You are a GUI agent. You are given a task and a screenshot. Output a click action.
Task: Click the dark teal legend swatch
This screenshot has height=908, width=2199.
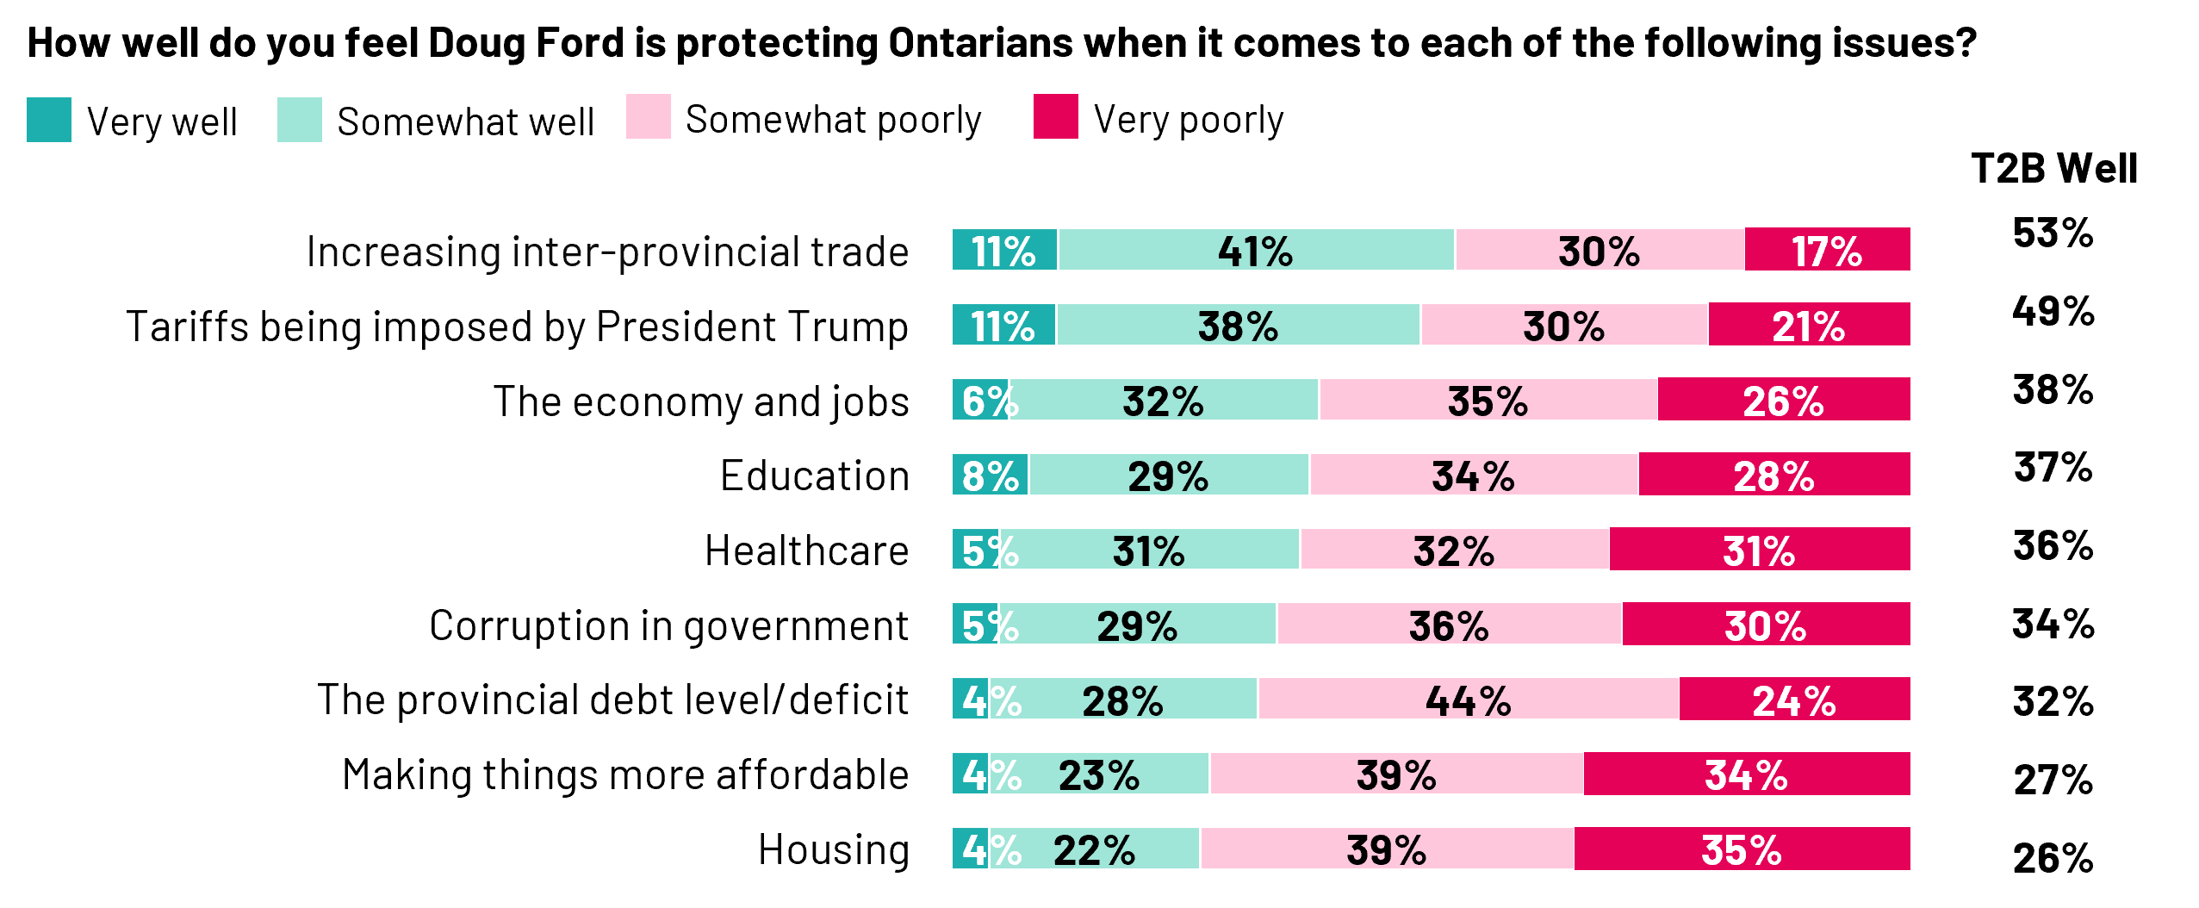coord(49,120)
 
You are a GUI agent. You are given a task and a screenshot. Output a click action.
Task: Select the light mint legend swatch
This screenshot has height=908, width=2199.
coord(300,120)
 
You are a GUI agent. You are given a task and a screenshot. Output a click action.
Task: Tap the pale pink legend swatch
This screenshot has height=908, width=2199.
coord(649,116)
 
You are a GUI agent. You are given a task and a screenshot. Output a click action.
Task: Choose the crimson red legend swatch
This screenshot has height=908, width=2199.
coord(1056,116)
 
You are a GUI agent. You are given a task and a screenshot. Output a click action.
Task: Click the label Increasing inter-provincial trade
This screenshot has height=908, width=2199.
coord(607,252)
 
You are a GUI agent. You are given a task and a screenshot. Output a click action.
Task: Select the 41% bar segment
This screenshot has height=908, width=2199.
coord(1256,250)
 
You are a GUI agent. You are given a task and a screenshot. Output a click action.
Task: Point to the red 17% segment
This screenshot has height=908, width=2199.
coord(1828,250)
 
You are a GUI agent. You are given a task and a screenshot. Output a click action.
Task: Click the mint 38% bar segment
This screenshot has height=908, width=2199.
coord(1238,325)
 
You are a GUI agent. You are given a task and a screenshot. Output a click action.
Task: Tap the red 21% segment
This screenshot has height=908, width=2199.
coord(1809,325)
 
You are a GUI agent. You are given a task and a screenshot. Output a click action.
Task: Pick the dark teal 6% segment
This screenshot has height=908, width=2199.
coord(979,400)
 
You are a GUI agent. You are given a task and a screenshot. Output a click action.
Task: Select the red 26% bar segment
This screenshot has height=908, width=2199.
coord(1784,400)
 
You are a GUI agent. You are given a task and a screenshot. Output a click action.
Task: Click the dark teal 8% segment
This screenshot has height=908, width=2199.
coord(990,475)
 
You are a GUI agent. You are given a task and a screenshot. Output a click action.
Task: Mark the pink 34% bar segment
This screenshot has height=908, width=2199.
coord(1474,475)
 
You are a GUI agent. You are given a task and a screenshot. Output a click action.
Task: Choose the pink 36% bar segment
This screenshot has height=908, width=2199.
coord(1450,625)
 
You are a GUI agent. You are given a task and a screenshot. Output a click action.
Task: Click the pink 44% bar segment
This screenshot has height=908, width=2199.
coord(1469,699)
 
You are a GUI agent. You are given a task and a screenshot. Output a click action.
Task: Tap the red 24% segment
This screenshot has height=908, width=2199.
coord(1794,699)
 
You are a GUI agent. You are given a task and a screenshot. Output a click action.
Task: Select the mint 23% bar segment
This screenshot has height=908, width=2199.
coord(1099,774)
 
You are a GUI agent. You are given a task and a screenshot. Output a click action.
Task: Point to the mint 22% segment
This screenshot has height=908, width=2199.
coord(1094,849)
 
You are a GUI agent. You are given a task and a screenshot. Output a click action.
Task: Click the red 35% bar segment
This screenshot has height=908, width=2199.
coord(1742,849)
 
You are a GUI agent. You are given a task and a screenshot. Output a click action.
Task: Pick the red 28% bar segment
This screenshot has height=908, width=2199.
coord(1774,475)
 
